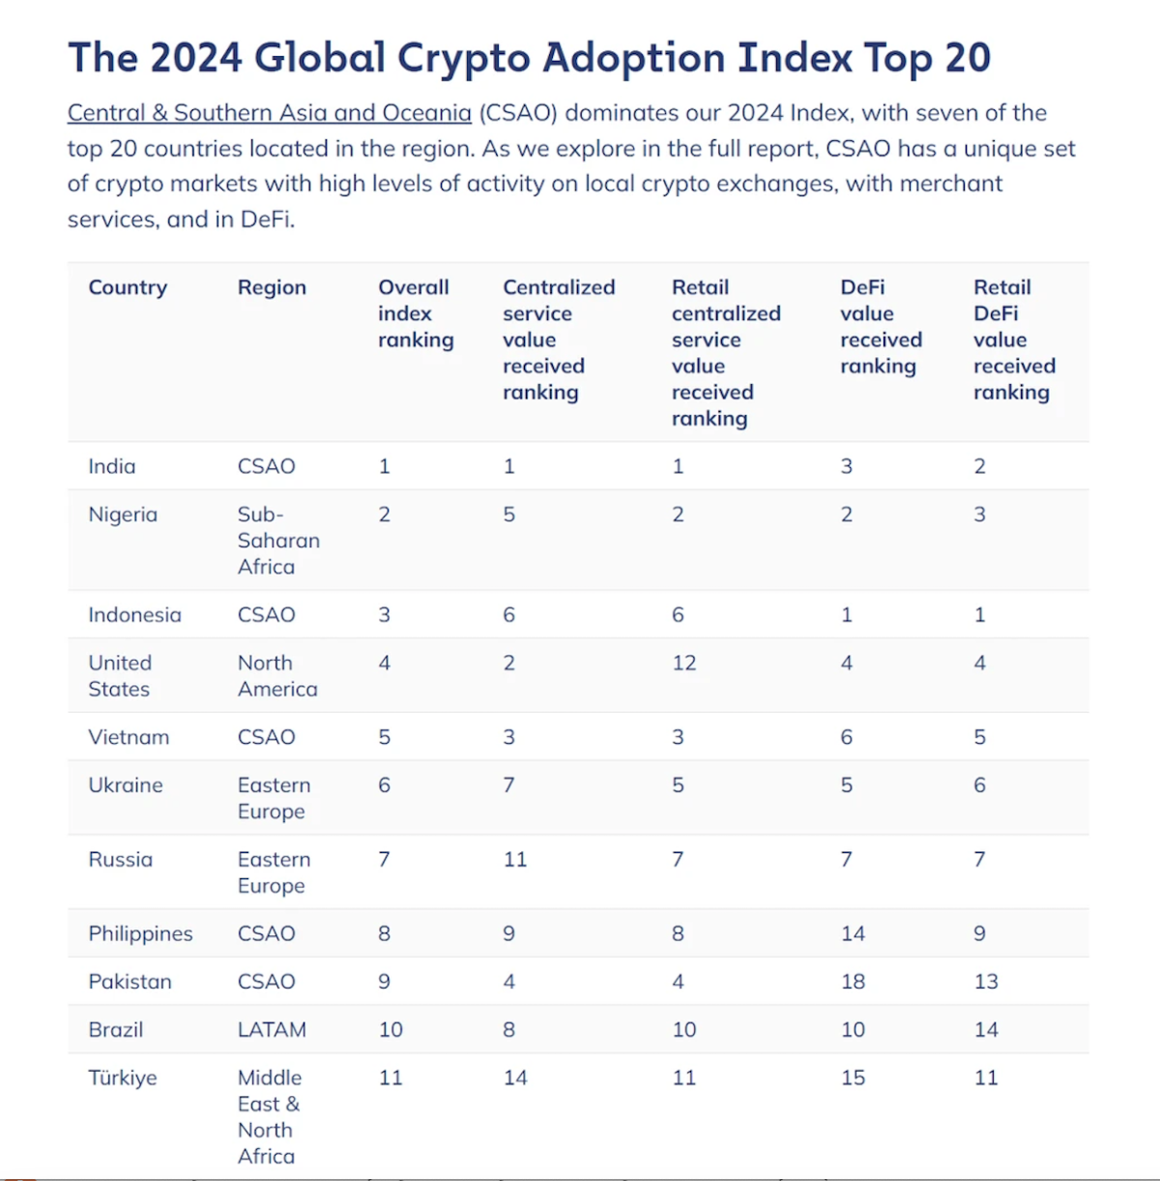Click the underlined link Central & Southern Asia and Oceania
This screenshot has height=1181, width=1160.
[x=269, y=113]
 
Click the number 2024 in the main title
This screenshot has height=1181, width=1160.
[x=195, y=58]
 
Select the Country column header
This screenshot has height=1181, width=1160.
[x=128, y=287]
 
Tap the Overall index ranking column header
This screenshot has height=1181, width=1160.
[x=416, y=313]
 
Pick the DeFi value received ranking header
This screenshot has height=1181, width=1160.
[x=881, y=327]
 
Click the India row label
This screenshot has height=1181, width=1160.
[x=112, y=466]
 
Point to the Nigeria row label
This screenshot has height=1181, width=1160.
[x=123, y=515]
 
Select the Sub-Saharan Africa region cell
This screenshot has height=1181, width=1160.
[x=278, y=541]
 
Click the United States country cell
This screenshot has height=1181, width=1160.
[x=120, y=676]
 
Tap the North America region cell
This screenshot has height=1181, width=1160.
[x=277, y=676]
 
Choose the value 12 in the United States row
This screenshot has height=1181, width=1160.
[x=684, y=664]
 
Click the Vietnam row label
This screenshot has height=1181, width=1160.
[x=129, y=737]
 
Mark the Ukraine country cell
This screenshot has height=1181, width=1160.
[x=126, y=785]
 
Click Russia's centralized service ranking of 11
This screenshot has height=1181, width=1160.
[x=515, y=860]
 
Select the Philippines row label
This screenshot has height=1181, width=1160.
[x=140, y=934]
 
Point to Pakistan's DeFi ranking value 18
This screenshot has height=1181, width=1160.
[x=853, y=982]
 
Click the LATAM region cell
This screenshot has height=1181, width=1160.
[x=272, y=1030]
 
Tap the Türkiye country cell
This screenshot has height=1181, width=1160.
[x=123, y=1078]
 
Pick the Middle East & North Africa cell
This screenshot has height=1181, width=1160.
[x=269, y=1117]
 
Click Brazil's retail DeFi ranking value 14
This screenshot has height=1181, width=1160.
[x=986, y=1030]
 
